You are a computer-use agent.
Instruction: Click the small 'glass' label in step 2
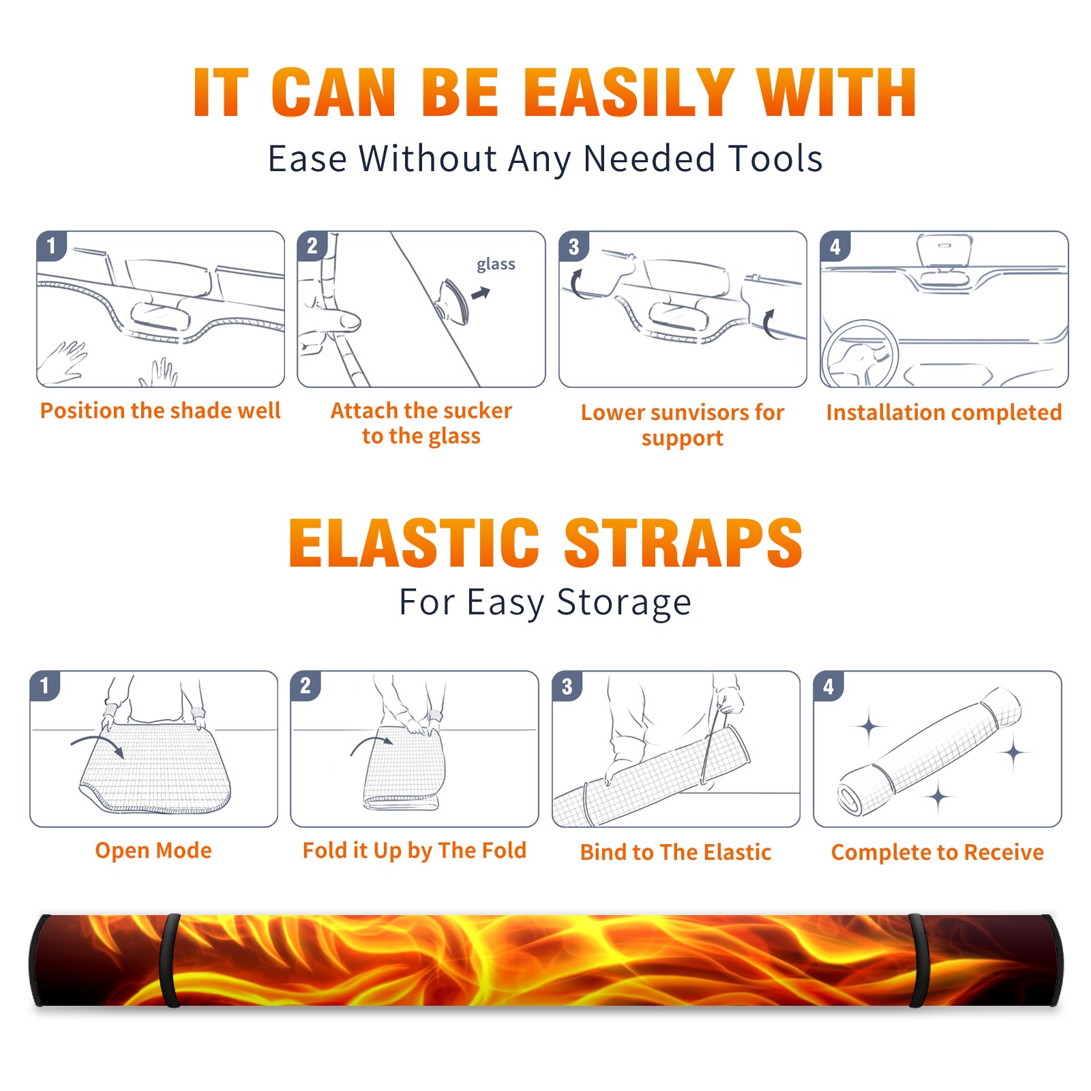[x=496, y=265]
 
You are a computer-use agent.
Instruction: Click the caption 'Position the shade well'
[x=160, y=410]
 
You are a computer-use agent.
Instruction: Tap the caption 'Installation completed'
[x=944, y=412]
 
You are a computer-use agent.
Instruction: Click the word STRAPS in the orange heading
[x=683, y=543]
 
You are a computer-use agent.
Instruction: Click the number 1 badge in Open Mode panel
[x=45, y=685]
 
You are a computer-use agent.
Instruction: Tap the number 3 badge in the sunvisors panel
[x=573, y=246]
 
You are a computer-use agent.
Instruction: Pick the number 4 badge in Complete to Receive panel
[x=828, y=686]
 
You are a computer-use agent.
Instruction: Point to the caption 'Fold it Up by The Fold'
[x=415, y=850]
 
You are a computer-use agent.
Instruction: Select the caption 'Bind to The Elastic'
[x=676, y=852]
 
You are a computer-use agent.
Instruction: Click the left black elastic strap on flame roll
[x=170, y=960]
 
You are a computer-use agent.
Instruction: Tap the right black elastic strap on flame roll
[x=919, y=960]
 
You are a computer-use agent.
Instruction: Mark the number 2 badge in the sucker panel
[x=312, y=245]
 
